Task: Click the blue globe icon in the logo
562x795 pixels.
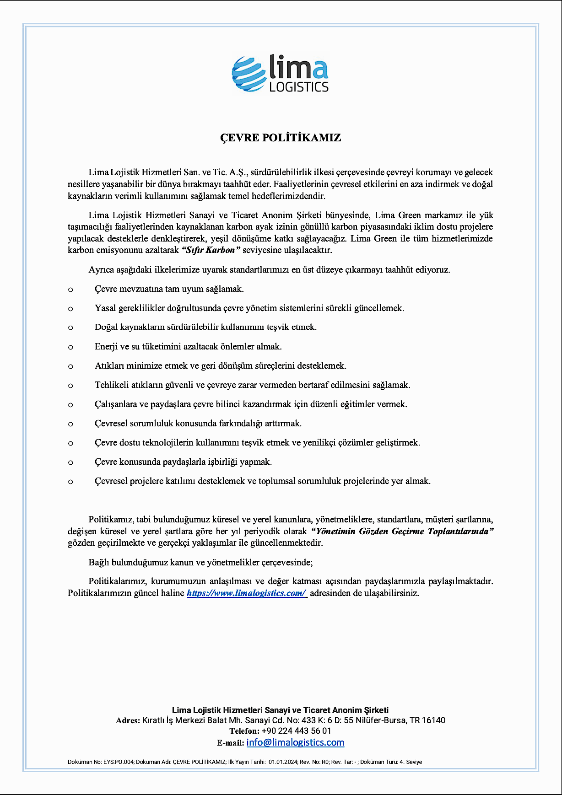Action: pos(249,74)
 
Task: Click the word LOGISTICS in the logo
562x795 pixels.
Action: pos(299,87)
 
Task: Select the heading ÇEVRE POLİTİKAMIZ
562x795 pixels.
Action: pos(281,138)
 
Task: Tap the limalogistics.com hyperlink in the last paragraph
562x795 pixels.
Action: pos(246,593)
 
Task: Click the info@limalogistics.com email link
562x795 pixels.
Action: pos(295,742)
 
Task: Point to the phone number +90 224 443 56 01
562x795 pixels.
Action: pos(296,731)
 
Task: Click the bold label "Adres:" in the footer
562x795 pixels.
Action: pos(128,720)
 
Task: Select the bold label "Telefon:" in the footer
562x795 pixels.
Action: pos(244,731)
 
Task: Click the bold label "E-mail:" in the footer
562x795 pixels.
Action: pos(230,743)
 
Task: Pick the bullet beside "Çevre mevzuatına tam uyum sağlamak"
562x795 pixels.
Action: pos(70,290)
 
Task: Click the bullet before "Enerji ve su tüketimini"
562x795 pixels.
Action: pos(70,347)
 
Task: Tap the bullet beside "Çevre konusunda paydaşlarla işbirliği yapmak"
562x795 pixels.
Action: pos(70,462)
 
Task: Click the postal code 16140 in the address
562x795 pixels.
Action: pos(433,720)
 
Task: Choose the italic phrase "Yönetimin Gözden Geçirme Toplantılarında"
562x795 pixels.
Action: pos(402,532)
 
